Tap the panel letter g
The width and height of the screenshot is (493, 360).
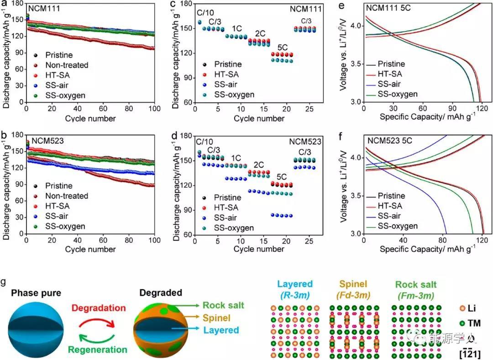[x=4, y=282]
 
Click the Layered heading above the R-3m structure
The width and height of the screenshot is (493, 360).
[x=297, y=284]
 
